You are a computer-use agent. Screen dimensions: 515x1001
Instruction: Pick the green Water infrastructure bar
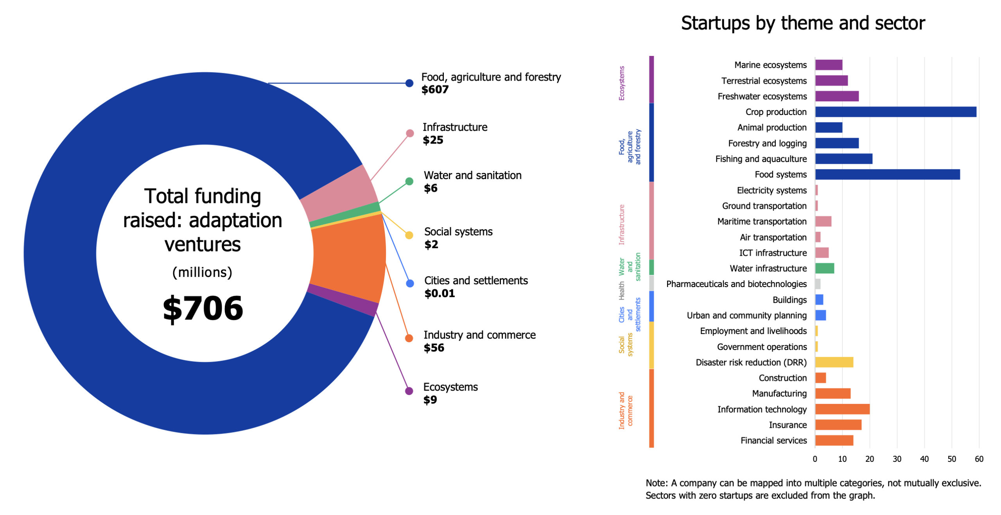click(824, 268)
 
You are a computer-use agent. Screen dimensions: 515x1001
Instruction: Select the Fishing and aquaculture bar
click(843, 159)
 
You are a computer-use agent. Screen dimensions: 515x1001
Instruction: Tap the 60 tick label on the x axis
click(978, 459)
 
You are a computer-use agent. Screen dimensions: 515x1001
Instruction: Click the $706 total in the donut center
click(203, 308)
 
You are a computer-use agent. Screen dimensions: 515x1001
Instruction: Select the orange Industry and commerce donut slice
click(348, 258)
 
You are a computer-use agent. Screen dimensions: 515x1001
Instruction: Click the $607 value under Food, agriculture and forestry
click(434, 90)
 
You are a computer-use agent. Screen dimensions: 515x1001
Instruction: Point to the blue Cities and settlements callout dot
click(409, 284)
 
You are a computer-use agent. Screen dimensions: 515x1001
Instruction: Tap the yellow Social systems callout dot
click(409, 235)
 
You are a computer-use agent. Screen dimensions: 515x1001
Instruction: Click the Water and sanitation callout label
click(472, 175)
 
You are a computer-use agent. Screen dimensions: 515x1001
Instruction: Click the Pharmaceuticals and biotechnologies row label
click(736, 284)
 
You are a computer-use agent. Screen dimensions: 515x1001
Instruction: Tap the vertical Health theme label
click(621, 291)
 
